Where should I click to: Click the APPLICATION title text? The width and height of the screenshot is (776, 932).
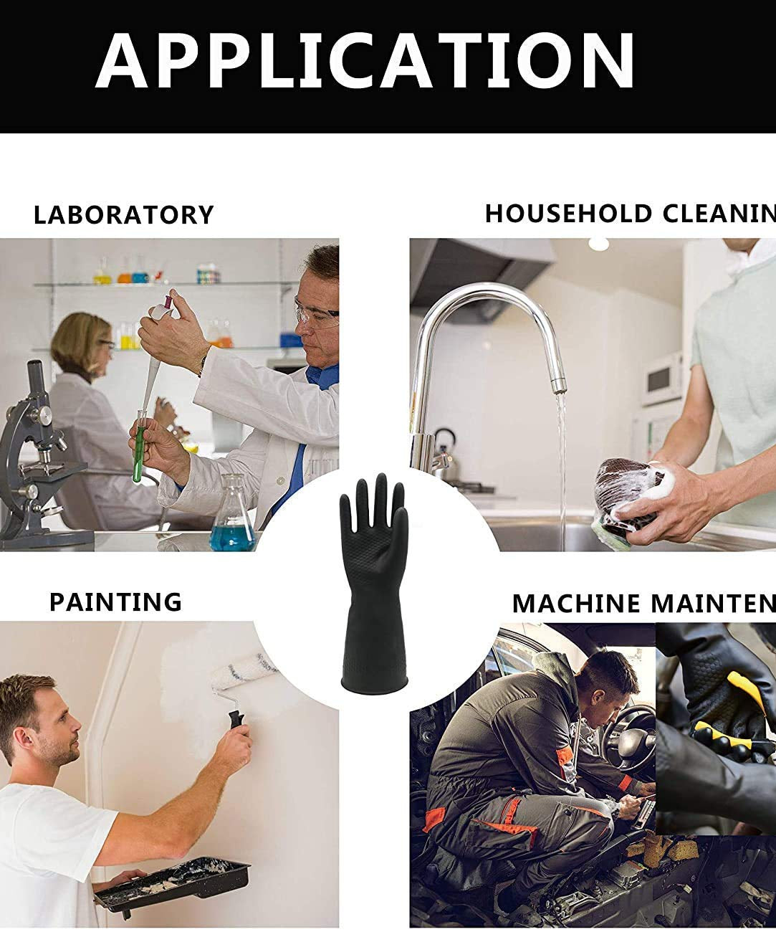tap(365, 60)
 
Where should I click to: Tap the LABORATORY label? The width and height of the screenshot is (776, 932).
tap(124, 215)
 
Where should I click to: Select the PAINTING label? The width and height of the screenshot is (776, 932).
tap(115, 601)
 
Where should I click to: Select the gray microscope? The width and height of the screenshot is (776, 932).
tap(36, 459)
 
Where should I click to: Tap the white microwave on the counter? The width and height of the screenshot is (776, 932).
tap(662, 377)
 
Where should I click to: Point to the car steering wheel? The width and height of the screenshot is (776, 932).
tap(631, 739)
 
